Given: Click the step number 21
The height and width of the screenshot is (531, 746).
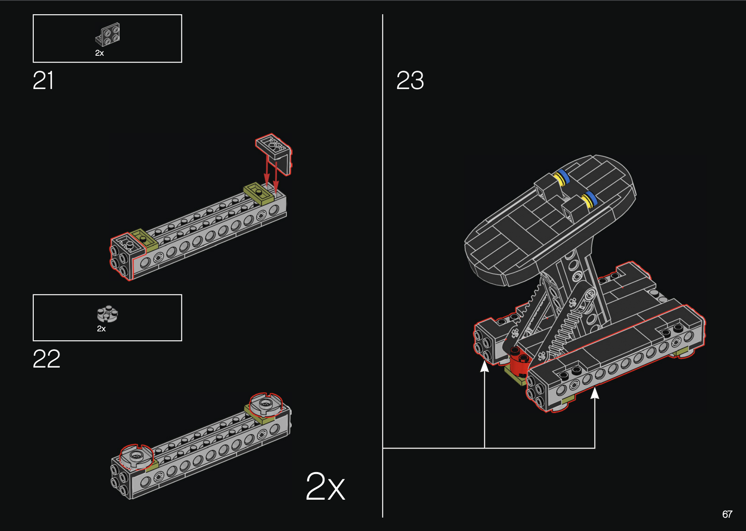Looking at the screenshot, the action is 43,81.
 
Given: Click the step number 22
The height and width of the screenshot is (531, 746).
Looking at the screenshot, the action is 46,359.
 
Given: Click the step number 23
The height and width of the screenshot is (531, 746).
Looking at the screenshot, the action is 410,81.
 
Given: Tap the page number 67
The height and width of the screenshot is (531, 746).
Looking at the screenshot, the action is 727,514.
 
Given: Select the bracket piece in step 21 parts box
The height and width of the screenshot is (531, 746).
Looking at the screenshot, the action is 108,34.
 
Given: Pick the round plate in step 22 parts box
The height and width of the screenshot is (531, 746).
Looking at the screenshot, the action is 107,313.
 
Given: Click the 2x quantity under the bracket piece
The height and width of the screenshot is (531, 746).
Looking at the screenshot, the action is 100,53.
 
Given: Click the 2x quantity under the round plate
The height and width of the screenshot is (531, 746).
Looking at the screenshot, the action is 101,329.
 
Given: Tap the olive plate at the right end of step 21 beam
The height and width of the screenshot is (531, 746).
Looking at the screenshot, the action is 258,192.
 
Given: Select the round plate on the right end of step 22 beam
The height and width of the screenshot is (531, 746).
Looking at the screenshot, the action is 266,404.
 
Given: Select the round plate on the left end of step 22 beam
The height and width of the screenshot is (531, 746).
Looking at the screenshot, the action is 136,456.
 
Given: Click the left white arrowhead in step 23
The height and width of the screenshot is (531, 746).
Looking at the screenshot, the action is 484,366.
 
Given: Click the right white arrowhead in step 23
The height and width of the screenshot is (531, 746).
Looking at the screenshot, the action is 595,393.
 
